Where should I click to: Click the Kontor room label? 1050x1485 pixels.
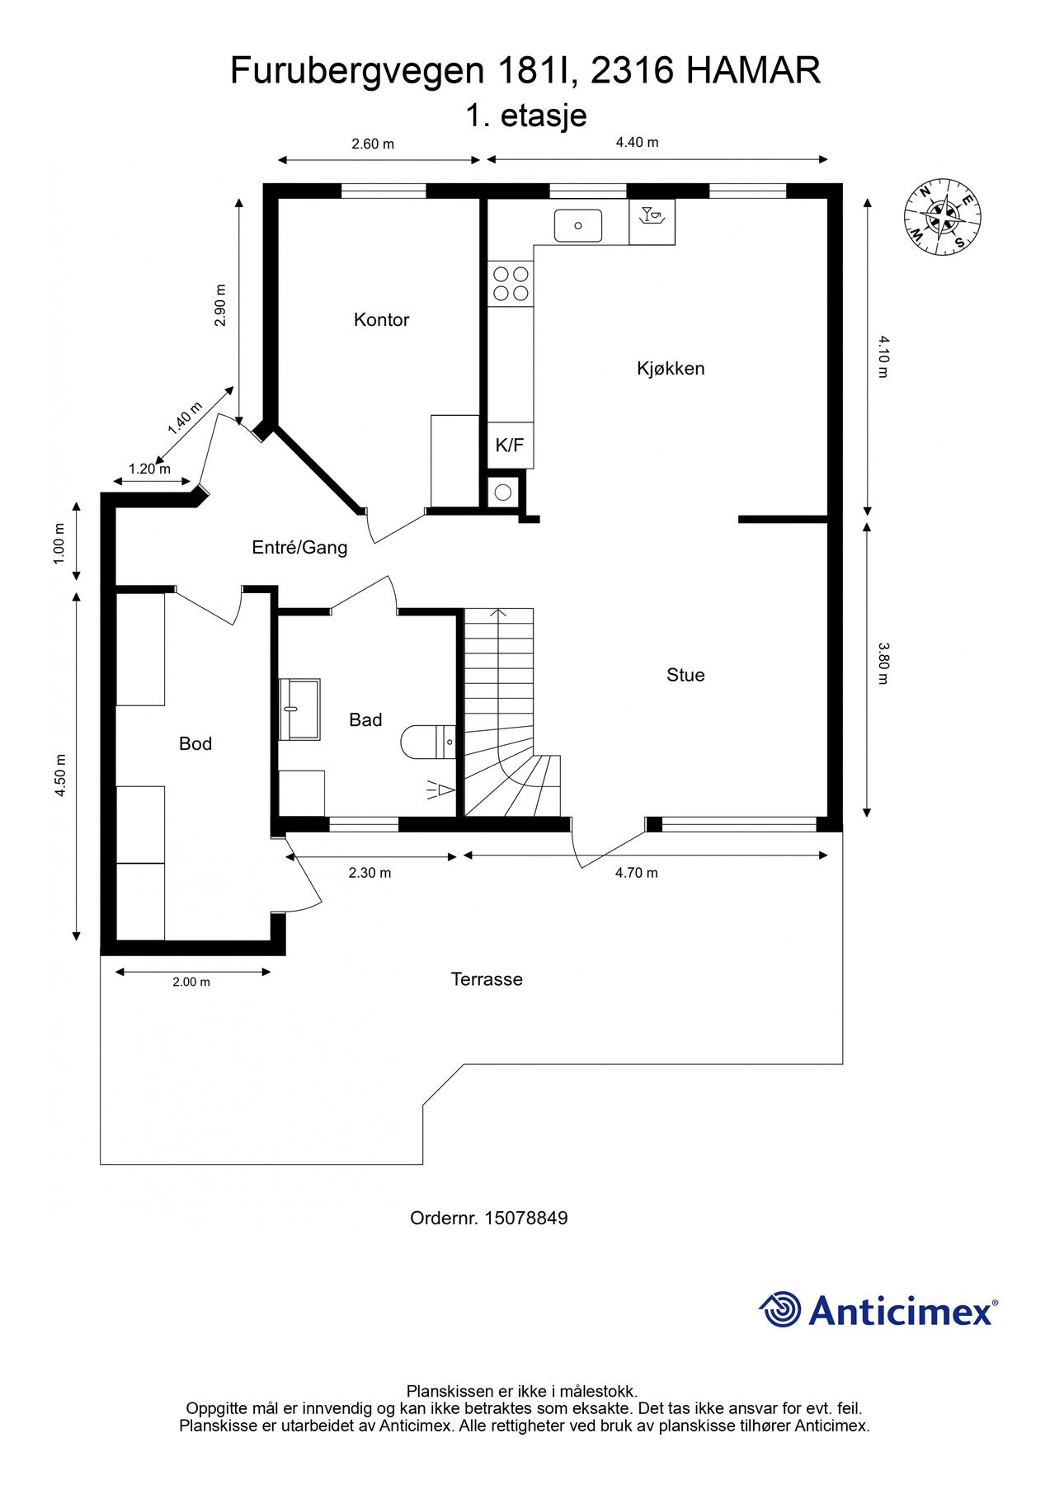point(381,320)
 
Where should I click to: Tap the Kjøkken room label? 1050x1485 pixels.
point(671,369)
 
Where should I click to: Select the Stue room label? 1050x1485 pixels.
point(685,676)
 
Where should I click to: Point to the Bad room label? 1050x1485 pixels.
point(365,720)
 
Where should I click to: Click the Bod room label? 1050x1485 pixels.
point(195,744)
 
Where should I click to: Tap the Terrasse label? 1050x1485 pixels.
point(487,979)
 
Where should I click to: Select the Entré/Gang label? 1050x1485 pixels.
point(299,547)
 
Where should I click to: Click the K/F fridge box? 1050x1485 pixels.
point(510,445)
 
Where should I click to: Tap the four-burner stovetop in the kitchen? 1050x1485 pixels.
point(511,283)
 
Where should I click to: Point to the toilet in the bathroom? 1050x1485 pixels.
point(428,742)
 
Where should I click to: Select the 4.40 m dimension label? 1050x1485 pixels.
point(637,142)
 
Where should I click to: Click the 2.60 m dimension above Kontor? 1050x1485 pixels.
point(373,144)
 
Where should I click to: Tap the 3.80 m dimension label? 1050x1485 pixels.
point(883,663)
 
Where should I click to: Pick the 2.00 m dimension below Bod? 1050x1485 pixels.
point(191,982)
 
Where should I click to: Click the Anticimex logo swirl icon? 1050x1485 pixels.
point(780,1309)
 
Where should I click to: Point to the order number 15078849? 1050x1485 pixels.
point(525,1218)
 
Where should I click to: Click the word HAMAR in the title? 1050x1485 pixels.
point(753,71)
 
